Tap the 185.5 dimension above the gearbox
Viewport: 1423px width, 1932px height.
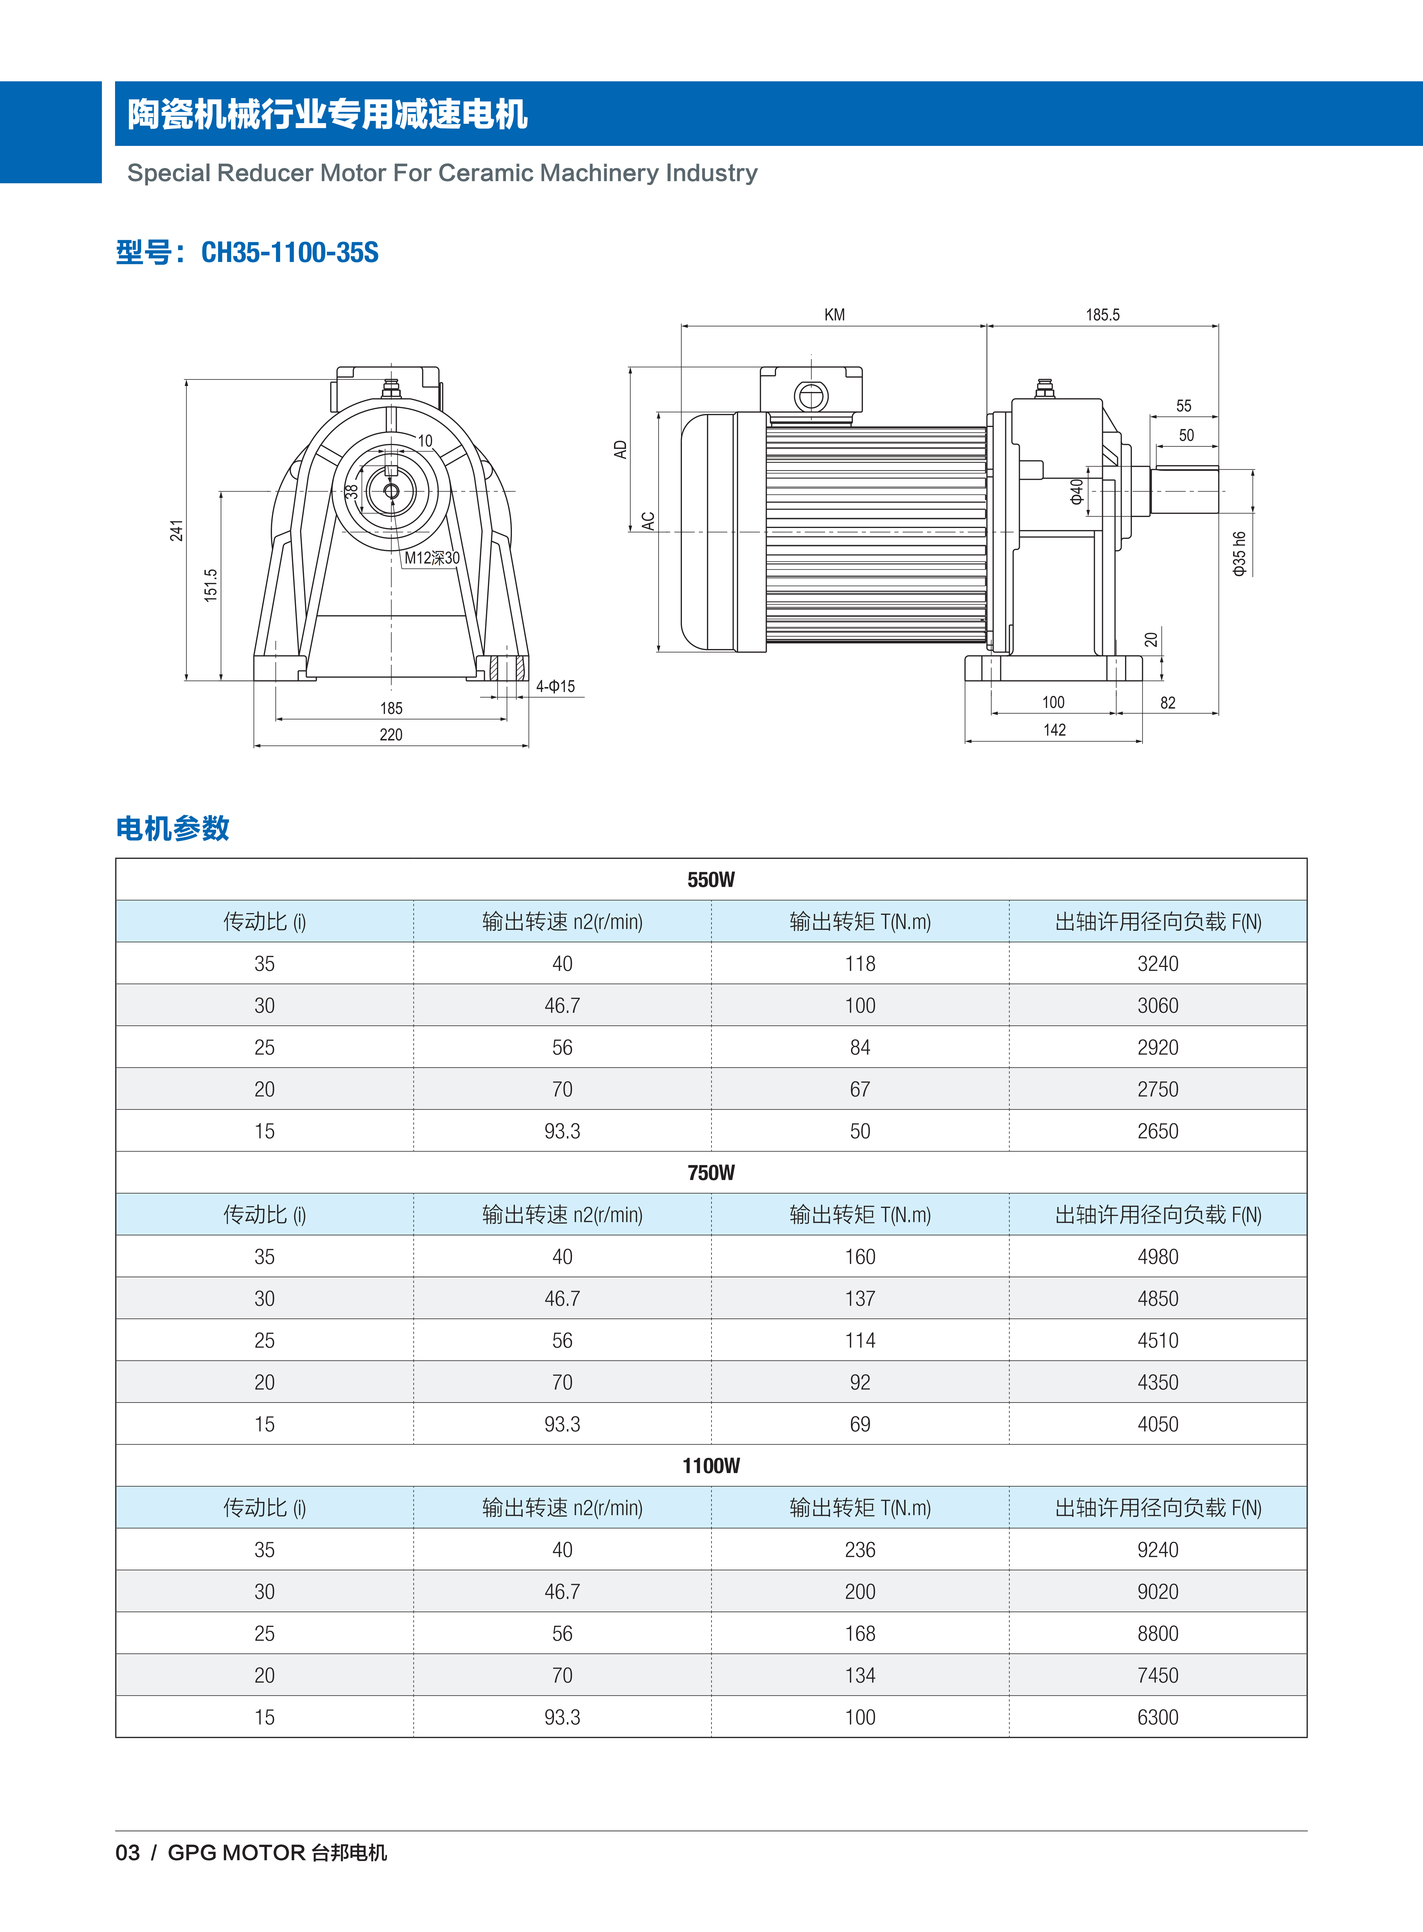tap(1103, 315)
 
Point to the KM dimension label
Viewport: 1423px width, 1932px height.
tap(834, 315)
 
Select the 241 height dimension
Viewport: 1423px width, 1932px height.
tap(177, 531)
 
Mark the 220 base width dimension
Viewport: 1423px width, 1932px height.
tap(391, 735)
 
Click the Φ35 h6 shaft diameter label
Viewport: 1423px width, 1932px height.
tap(1239, 553)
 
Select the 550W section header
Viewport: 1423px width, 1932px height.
tap(711, 880)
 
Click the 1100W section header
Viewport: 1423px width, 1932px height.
tap(711, 1466)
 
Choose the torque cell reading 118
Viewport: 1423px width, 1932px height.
tap(860, 964)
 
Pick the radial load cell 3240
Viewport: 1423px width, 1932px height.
tap(1158, 964)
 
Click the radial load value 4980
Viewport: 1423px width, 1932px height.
tap(1158, 1257)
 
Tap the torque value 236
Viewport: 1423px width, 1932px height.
tap(860, 1550)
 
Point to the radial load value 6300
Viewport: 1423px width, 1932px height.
tap(1158, 1717)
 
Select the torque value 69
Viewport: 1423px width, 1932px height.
tap(860, 1424)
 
